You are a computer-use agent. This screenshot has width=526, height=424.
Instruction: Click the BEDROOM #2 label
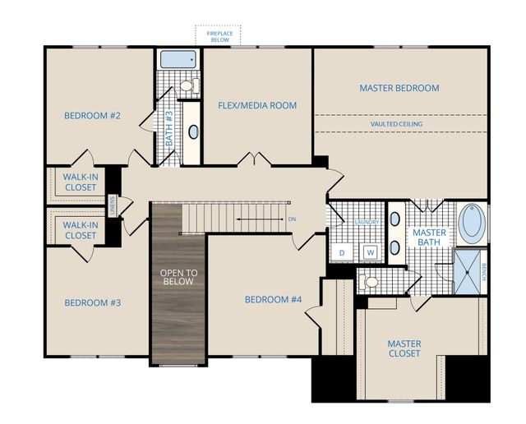tap(92, 116)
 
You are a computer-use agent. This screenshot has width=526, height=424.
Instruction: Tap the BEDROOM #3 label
tap(92, 303)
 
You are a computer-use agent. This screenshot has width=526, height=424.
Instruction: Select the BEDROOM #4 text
tap(274, 299)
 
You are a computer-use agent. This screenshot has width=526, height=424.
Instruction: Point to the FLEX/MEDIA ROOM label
tap(257, 105)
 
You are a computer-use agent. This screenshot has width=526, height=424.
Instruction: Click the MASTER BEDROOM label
tap(399, 88)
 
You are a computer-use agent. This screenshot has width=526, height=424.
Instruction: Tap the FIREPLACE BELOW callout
tap(218, 35)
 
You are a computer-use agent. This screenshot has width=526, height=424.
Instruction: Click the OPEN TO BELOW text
tap(178, 277)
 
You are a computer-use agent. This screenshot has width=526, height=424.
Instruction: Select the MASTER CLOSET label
tap(404, 348)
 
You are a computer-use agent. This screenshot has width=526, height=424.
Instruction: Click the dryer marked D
tap(342, 252)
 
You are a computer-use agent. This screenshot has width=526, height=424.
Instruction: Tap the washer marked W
tap(371, 252)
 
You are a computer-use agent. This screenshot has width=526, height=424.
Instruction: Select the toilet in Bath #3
tap(187, 85)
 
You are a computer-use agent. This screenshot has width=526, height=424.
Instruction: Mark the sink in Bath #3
tap(193, 131)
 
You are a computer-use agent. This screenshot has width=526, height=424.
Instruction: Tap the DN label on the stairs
tap(292, 219)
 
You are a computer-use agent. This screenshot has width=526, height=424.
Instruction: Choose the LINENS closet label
tap(114, 203)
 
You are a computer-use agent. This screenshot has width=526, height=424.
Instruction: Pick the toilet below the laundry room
tap(371, 283)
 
